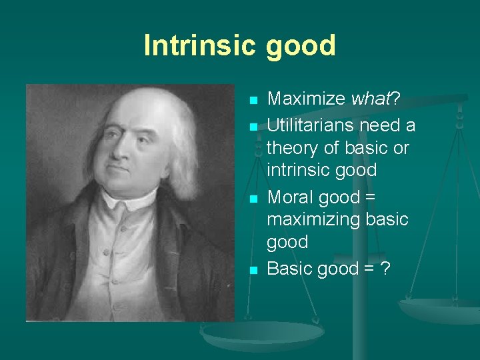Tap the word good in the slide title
301,47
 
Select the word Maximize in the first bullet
307,100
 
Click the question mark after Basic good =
386,269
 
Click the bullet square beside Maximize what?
253,101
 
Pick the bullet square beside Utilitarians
253,126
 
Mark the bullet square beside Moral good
253,199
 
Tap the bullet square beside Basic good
253,271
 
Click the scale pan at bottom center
263,333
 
